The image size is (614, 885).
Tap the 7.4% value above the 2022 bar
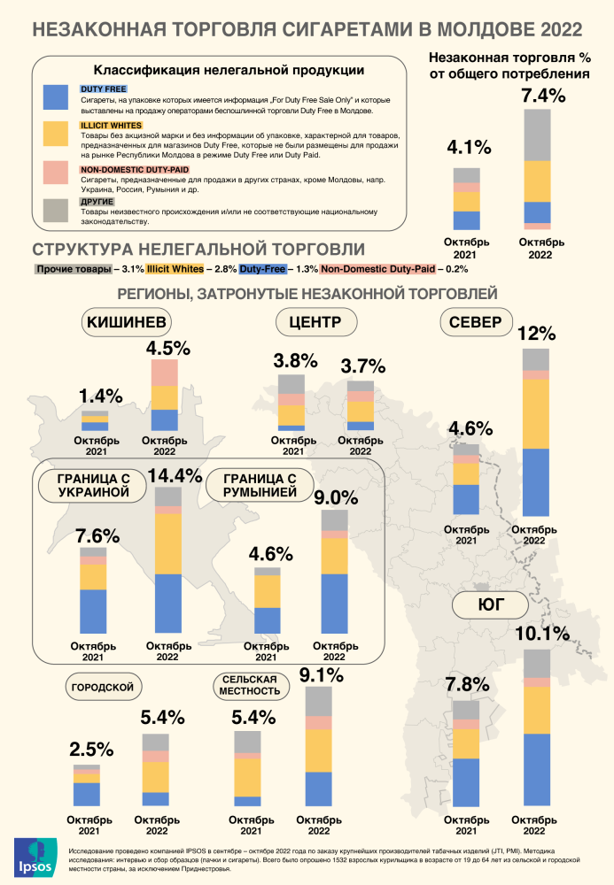click(x=543, y=96)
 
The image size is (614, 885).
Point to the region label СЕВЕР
click(x=475, y=322)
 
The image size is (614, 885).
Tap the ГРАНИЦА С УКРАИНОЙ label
click(x=87, y=485)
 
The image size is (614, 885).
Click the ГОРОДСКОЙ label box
click(x=102, y=686)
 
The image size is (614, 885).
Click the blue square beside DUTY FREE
click(x=54, y=97)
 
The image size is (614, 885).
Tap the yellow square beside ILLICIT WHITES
click(x=54, y=134)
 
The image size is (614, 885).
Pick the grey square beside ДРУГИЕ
click(x=54, y=209)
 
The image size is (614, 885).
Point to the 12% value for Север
click(x=536, y=335)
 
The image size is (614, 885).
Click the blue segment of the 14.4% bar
click(x=168, y=602)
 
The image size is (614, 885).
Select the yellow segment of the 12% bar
click(x=535, y=414)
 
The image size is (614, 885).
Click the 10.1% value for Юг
click(x=541, y=635)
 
